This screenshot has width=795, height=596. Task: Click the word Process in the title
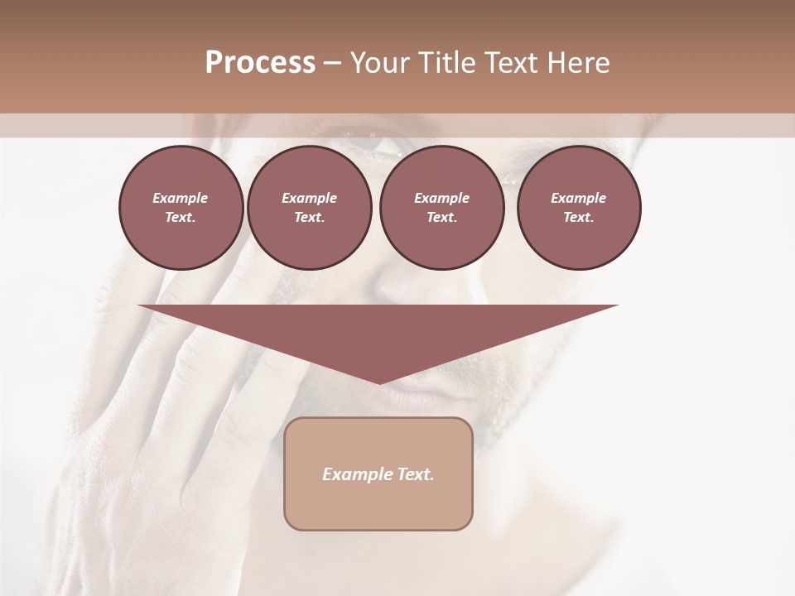260,63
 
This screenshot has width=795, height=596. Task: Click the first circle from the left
181,208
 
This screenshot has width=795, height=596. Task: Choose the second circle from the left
309,208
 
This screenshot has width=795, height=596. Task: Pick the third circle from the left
441,208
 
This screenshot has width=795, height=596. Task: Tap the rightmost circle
578,208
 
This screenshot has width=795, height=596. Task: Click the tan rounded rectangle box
378,505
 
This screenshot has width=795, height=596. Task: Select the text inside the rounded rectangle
378,474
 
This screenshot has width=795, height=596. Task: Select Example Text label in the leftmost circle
181,208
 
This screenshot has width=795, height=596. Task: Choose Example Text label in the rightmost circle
578,208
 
